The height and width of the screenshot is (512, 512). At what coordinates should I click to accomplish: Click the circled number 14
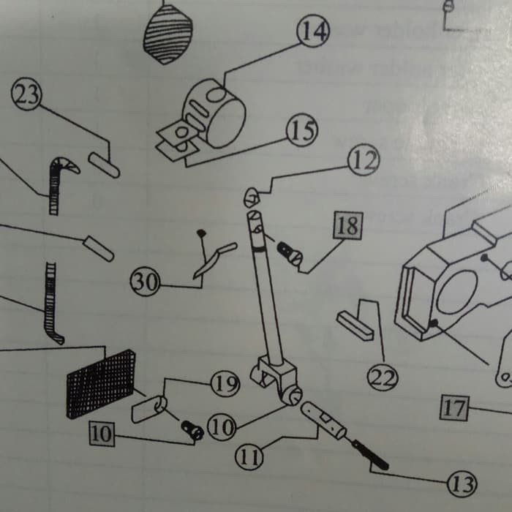coord(312,31)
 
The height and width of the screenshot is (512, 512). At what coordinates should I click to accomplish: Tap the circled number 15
coord(301,132)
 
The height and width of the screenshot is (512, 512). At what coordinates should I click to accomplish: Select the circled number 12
coord(362,159)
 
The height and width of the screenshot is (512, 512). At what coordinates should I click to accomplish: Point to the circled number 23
coord(28,97)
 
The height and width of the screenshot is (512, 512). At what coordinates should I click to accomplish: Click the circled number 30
coord(145,282)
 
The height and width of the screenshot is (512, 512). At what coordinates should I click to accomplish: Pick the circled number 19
coord(225,383)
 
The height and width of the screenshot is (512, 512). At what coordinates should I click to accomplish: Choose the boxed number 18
coord(347,226)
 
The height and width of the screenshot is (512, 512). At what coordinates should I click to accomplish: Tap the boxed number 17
coord(454,407)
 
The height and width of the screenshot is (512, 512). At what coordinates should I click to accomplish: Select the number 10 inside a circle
coord(222,427)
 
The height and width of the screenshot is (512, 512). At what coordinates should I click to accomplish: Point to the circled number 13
coord(462,483)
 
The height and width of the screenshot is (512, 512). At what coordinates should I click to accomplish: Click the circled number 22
coord(383,378)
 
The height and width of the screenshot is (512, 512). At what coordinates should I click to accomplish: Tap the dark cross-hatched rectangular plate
coord(101,383)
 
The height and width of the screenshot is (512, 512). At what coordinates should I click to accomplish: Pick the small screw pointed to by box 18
coord(289,252)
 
